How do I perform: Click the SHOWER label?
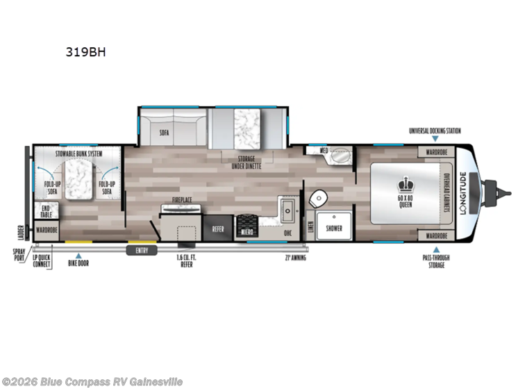[x=334, y=227]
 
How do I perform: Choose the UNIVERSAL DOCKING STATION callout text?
[x=435, y=130]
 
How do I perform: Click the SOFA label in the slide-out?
[x=165, y=131]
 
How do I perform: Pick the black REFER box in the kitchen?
[x=218, y=227]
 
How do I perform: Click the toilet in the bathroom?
[x=318, y=197]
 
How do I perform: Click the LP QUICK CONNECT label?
[x=42, y=261]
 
